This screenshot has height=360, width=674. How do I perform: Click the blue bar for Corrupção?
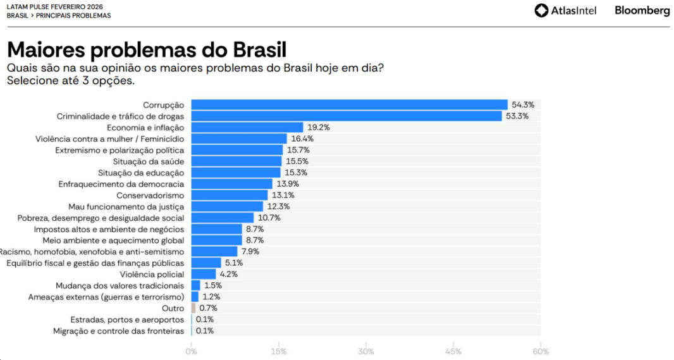point(349,105)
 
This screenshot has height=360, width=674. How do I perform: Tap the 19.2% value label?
point(319,127)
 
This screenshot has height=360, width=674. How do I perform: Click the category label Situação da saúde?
point(153,161)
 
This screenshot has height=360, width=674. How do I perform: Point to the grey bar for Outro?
point(193,308)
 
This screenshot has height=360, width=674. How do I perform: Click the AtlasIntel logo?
point(565,10)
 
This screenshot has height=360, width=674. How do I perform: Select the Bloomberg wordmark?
point(642,10)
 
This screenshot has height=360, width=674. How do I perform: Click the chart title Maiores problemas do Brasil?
point(146,49)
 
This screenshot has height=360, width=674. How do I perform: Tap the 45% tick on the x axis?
point(453,352)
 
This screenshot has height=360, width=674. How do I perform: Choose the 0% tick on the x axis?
point(191,352)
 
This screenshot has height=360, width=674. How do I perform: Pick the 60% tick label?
point(541,352)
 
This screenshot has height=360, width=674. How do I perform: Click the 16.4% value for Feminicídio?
point(302,139)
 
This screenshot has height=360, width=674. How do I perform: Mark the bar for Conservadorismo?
point(229,195)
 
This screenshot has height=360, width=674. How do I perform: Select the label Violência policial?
point(152,274)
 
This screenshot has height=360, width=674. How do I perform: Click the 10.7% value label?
point(269,218)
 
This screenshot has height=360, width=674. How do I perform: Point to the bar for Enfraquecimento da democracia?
point(231,183)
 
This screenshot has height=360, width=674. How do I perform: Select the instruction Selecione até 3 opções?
point(71,80)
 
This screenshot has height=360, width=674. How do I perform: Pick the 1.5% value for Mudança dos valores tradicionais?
point(213,285)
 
